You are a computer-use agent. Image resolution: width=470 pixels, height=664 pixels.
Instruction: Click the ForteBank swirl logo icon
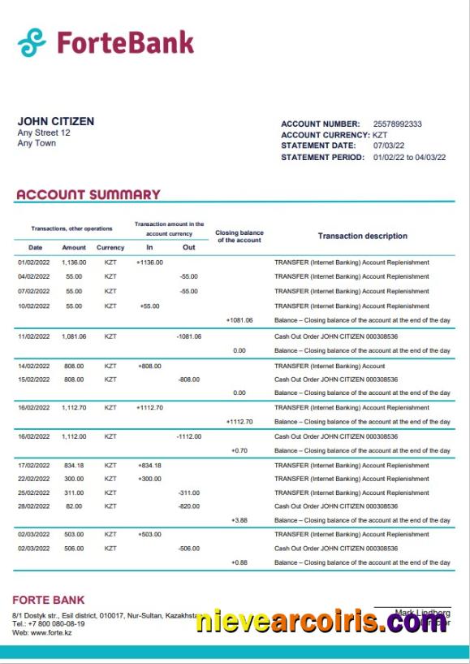32,42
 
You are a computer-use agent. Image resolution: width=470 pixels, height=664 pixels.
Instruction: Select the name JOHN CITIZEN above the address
55,121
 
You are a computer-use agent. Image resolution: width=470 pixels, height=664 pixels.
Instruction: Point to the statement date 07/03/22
388,146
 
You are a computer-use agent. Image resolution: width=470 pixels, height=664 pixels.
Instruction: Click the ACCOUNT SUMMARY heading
88,195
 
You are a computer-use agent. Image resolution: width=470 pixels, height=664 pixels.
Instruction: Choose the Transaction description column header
362,237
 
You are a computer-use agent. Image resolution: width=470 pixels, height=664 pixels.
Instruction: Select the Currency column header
110,248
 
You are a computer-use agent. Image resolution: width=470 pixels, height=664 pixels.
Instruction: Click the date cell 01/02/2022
34,263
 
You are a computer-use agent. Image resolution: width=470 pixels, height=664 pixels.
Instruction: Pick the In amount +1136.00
149,263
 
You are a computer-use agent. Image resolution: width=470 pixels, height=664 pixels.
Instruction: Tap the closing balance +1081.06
239,320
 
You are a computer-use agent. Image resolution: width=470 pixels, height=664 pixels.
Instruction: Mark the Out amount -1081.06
188,336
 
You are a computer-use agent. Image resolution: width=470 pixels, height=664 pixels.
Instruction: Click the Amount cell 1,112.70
74,408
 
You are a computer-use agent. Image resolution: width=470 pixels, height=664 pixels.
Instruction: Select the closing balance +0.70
239,450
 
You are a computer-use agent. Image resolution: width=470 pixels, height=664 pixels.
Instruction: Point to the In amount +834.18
149,466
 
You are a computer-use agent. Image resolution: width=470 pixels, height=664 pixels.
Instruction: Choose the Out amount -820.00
188,506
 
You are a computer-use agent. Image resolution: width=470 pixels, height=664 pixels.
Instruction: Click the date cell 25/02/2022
34,493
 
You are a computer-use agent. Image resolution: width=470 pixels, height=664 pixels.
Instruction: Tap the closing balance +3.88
239,520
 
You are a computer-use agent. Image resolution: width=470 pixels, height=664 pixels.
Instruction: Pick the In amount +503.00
149,535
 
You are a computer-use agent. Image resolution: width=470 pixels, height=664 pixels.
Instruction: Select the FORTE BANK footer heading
48,601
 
